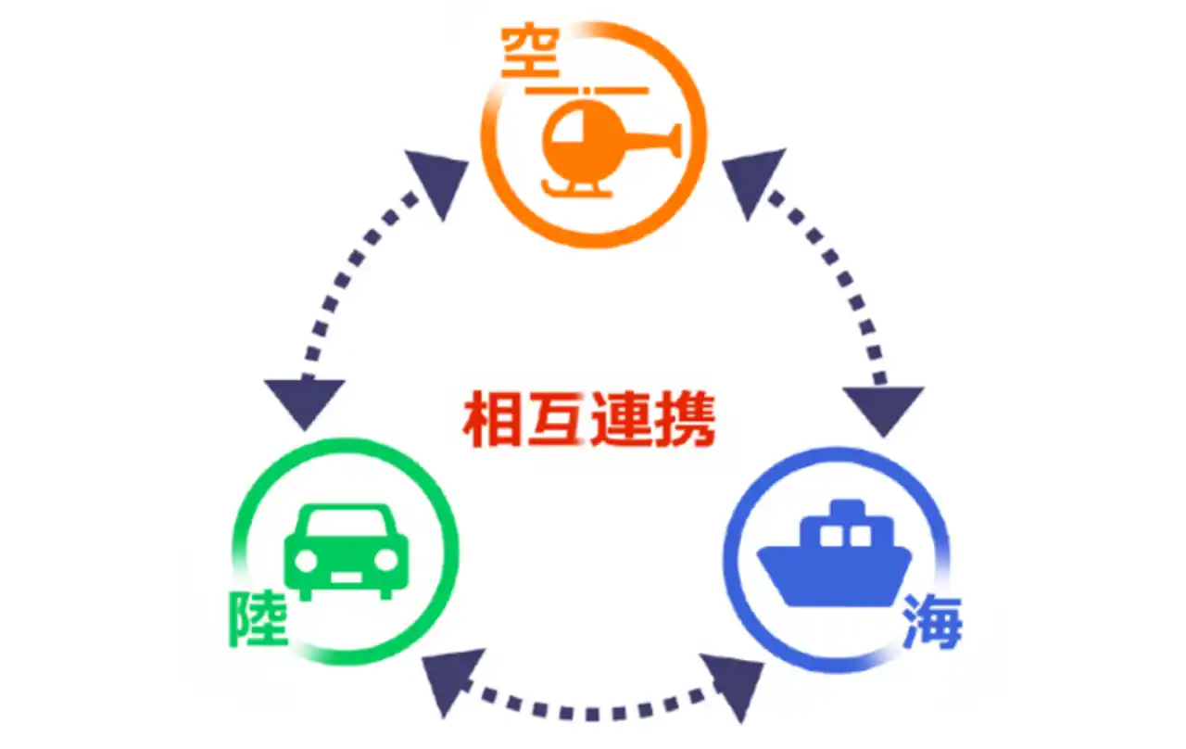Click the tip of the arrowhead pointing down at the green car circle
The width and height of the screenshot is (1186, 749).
pos(305,430)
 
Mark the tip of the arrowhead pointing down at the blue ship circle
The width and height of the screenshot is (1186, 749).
pos(883,438)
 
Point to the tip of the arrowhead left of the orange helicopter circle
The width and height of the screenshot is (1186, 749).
pos(442,221)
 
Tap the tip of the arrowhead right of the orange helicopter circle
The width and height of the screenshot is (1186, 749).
pos(748,221)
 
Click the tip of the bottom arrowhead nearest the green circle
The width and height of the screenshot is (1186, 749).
pos(444,718)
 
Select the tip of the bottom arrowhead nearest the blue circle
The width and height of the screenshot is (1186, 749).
pos(740,722)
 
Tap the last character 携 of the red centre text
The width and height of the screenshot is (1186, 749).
pos(685,418)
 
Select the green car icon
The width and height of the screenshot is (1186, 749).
pos(347,552)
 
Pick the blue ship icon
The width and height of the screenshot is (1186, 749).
pos(834,553)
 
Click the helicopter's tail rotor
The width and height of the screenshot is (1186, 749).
pos(676,140)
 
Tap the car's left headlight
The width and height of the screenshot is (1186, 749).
pos(306,561)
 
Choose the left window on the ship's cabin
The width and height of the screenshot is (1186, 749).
pos(829,536)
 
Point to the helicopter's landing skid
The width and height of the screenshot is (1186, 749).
pos(576,189)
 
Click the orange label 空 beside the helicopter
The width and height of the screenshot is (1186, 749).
pos(530,51)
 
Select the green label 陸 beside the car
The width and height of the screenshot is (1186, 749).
pos(258,618)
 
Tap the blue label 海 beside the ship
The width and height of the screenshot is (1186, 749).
pos(932,622)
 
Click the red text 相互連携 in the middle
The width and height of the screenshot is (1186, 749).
pos(589,419)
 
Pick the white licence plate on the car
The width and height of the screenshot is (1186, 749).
pos(347,577)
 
